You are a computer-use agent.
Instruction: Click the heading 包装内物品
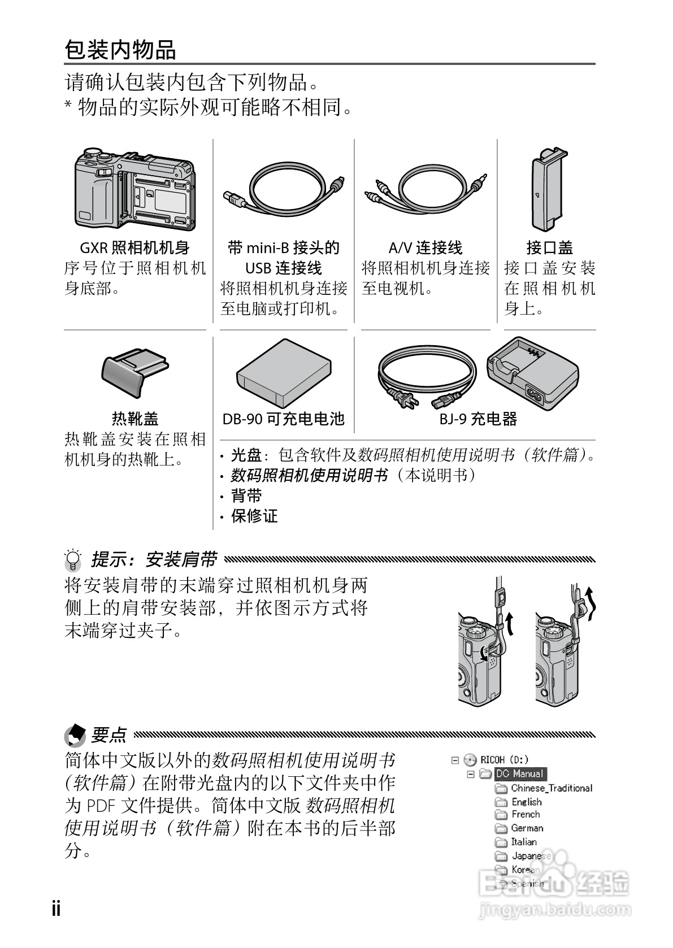point(120,50)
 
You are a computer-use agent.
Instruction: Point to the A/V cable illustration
point(425,189)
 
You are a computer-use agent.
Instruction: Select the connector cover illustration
point(547,189)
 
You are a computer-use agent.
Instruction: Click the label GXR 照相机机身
point(134,247)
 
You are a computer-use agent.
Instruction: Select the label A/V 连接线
point(425,247)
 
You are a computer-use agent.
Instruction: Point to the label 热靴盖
point(135,419)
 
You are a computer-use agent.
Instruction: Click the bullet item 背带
point(246,496)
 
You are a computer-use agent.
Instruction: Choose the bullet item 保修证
point(254,516)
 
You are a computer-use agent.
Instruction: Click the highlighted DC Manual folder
point(520,774)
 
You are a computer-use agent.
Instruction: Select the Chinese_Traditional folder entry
point(551,788)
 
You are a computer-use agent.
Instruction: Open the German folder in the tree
point(527,828)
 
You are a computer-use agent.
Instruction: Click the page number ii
point(56,908)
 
